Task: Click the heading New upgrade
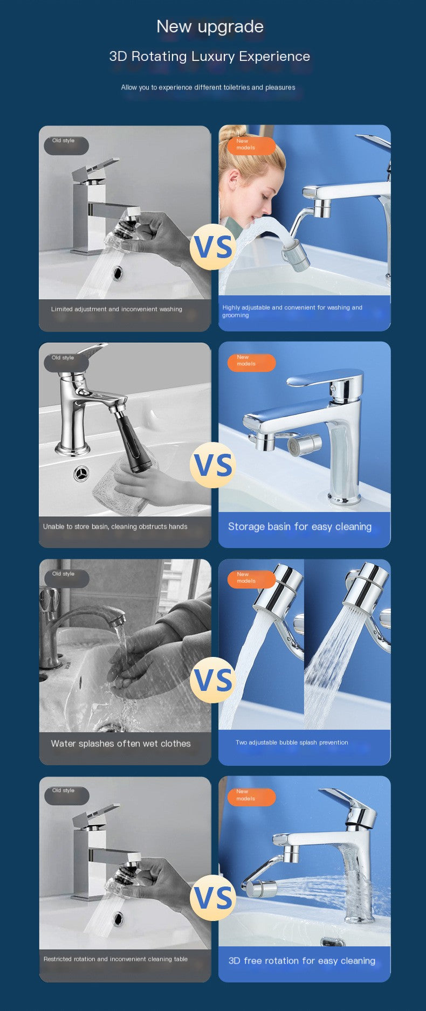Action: pos(210,26)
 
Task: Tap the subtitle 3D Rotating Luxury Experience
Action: pos(210,57)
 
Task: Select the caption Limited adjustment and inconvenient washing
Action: pos(116,309)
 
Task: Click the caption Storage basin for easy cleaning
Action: pos(300,527)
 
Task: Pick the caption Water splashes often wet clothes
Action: pos(121,744)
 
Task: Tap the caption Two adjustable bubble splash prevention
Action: pos(292,743)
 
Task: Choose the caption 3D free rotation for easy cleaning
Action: pos(301,960)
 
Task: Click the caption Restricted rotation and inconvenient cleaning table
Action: pos(115,959)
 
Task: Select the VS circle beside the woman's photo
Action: pos(213,247)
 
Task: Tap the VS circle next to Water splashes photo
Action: pos(213,680)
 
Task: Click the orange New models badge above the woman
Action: pos(251,145)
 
